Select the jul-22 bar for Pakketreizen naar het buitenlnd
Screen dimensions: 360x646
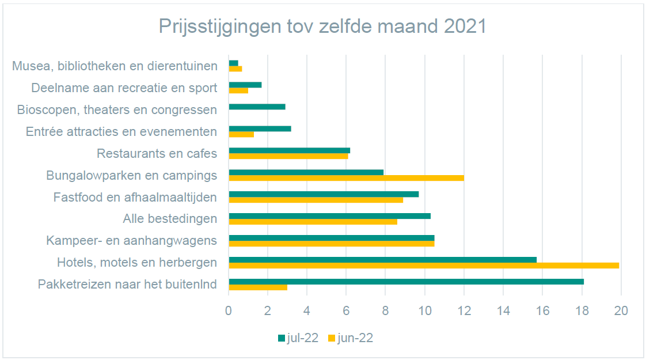pyautogui.click(x=406, y=282)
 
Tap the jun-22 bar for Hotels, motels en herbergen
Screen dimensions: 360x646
pyautogui.click(x=423, y=266)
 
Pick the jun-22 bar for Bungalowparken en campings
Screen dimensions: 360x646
pyautogui.click(x=346, y=178)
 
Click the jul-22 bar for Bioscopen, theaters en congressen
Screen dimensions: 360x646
pyautogui.click(x=257, y=107)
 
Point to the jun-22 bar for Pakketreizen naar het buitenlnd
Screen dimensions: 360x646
pyautogui.click(x=258, y=287)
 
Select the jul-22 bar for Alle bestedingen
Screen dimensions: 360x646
pyautogui.click(x=329, y=216)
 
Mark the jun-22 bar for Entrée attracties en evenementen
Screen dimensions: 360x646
pyautogui.click(x=241, y=134)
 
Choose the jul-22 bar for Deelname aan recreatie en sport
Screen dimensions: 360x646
pyautogui.click(x=245, y=85)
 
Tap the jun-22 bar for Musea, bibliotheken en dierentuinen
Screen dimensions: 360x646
pyautogui.click(x=235, y=69)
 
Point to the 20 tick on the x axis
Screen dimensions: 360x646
pyautogui.click(x=621, y=310)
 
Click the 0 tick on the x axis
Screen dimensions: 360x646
pyautogui.click(x=229, y=310)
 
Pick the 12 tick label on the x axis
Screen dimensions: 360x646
pyautogui.click(x=464, y=310)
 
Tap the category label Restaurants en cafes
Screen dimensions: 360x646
pyautogui.click(x=157, y=154)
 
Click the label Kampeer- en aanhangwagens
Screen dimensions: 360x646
pyautogui.click(x=131, y=240)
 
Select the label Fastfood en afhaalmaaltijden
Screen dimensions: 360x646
pyautogui.click(x=135, y=197)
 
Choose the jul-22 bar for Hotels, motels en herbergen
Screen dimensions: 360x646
pyautogui.click(x=382, y=260)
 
